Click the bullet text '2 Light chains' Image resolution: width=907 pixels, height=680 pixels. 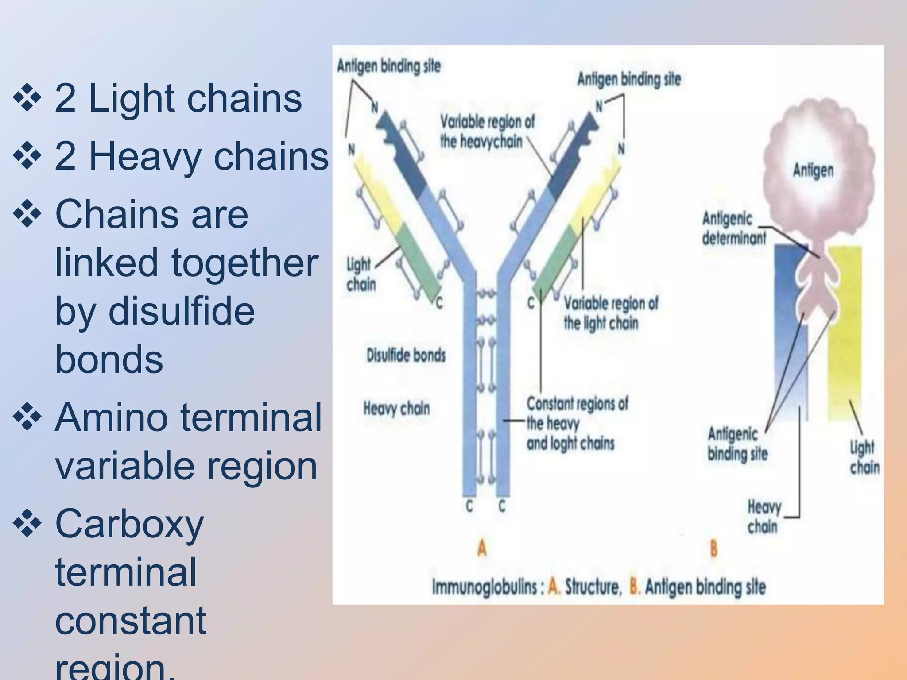pyautogui.click(x=178, y=98)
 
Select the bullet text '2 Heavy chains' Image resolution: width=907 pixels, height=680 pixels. pyautogui.click(x=191, y=156)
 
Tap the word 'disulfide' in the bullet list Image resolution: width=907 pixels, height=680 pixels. pyautogui.click(x=182, y=311)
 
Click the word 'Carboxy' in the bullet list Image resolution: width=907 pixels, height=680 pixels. pyautogui.click(x=129, y=524)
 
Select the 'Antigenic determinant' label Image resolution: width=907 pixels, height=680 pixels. pyautogui.click(x=733, y=228)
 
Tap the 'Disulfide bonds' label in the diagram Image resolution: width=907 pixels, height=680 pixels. pyautogui.click(x=406, y=355)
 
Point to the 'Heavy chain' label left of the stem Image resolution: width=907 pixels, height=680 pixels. pyautogui.click(x=396, y=408)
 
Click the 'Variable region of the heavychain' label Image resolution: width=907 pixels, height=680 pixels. pyautogui.click(x=487, y=131)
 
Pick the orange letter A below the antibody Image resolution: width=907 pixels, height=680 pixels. pyautogui.click(x=482, y=549)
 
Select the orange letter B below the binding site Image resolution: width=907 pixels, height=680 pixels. pyautogui.click(x=713, y=549)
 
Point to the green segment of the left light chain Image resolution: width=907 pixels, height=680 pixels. pyautogui.click(x=419, y=261)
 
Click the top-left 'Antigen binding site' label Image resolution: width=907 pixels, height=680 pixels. pyautogui.click(x=388, y=66)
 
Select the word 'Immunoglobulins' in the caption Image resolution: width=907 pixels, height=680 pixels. pyautogui.click(x=485, y=587)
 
